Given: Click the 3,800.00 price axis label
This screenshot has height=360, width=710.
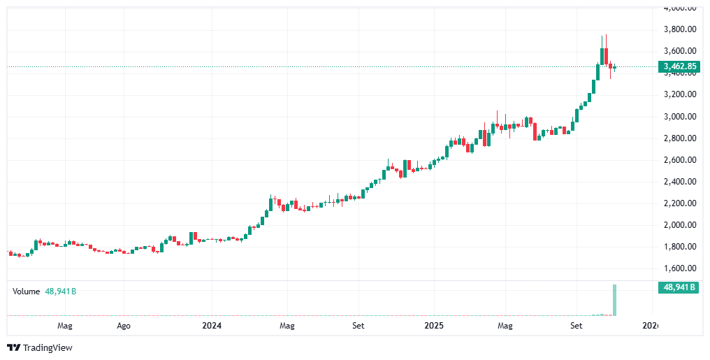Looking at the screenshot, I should click(x=679, y=29).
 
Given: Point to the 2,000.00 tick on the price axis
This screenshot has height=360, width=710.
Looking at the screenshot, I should click(x=679, y=225).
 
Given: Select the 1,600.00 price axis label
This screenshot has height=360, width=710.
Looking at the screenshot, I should click(x=679, y=268).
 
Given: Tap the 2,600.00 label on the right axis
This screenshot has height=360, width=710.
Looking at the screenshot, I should click(x=679, y=160).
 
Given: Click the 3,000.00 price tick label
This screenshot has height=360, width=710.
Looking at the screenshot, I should click(x=679, y=116).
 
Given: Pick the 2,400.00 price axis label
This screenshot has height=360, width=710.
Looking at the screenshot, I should click(x=679, y=182).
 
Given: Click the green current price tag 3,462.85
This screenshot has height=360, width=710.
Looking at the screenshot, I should click(x=679, y=67).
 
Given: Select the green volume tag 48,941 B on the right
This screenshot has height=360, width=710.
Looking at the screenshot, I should click(x=679, y=287).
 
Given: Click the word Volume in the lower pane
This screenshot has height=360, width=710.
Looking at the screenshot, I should click(x=26, y=291).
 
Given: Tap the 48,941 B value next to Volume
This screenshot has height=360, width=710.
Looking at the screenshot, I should click(x=61, y=291).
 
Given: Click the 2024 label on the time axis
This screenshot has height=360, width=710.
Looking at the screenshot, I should click(x=212, y=326).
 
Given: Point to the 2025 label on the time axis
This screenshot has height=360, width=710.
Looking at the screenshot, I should click(x=434, y=326).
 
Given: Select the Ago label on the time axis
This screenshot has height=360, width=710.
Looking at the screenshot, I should click(x=123, y=326).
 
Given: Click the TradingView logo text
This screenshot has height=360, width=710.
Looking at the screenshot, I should click(x=41, y=347).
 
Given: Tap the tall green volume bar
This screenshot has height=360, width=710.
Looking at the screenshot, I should click(x=615, y=301).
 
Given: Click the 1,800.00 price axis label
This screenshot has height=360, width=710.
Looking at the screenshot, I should click(x=679, y=247).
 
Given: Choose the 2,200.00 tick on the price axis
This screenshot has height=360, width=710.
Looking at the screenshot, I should click(x=679, y=203).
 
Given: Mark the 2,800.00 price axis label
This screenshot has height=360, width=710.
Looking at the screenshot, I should click(x=679, y=138).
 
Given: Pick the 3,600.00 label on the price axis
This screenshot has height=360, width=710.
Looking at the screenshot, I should click(x=679, y=51).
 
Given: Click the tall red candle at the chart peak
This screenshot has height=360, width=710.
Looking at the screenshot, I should click(x=607, y=56).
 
